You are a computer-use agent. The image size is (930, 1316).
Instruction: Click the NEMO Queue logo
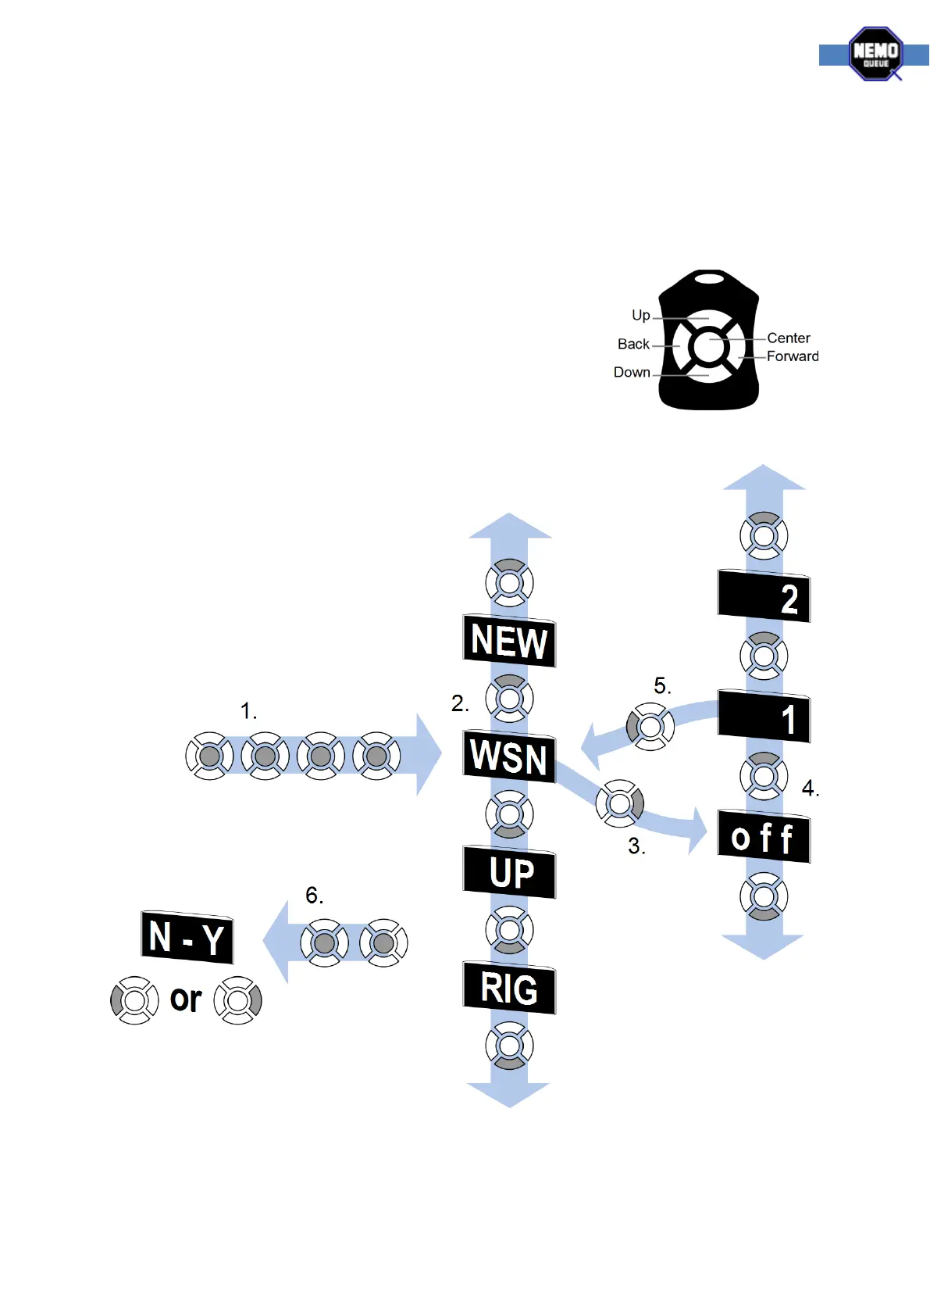point(875,53)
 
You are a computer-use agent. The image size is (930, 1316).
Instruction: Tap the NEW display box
point(509,641)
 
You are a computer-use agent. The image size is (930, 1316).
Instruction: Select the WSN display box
point(509,756)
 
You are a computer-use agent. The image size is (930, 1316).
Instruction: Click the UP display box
point(509,872)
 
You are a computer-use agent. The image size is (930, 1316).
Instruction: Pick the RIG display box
point(509,989)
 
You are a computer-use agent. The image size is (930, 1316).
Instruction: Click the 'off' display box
point(764,838)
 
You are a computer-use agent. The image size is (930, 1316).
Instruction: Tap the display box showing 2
point(764,598)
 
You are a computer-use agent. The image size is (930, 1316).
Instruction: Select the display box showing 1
point(764,717)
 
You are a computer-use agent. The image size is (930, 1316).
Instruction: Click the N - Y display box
point(187,937)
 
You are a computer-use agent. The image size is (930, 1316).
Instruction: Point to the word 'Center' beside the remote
point(789,338)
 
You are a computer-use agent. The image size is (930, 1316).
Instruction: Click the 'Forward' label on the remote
point(793,356)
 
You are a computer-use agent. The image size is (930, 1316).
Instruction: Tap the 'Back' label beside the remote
point(633,344)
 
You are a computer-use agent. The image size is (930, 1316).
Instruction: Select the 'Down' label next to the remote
point(632,373)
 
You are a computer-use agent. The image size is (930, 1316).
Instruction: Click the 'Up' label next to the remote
point(640,315)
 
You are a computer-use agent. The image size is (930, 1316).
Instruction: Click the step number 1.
point(248,711)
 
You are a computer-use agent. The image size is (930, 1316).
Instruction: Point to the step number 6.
point(314,896)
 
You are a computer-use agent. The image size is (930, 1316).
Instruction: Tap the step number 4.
point(810,789)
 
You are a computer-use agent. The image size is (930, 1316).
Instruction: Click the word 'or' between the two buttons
point(186,999)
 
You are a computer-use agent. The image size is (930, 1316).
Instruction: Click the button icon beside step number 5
point(650,727)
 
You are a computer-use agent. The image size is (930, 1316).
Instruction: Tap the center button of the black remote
point(708,346)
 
